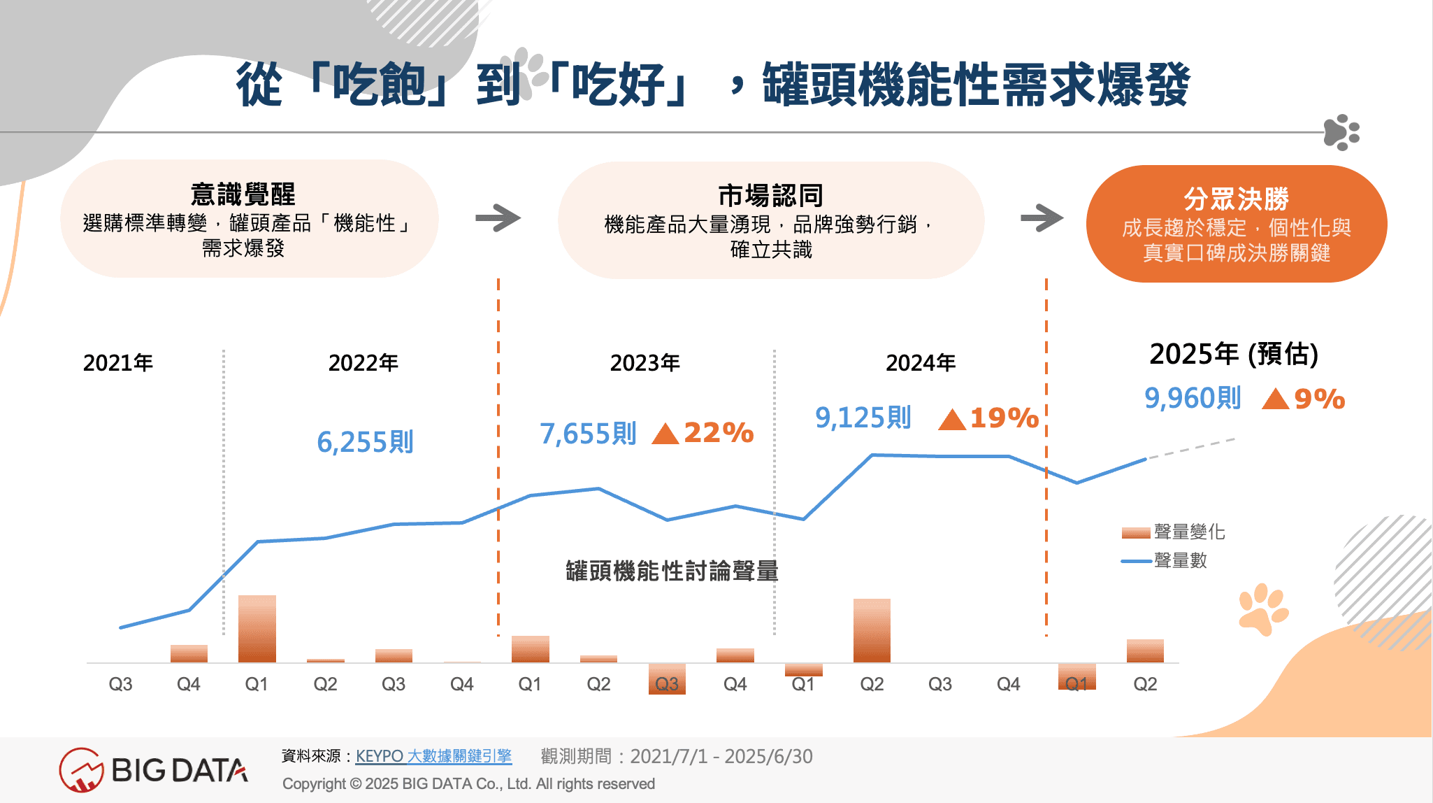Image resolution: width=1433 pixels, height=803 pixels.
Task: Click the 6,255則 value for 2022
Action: pyautogui.click(x=365, y=442)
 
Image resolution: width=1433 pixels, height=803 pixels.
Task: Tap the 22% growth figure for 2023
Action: pyautogui.click(x=719, y=433)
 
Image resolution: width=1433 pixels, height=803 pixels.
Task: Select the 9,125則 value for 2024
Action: pyautogui.click(x=863, y=418)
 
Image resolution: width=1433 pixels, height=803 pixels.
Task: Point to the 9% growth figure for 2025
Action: pyautogui.click(x=1319, y=399)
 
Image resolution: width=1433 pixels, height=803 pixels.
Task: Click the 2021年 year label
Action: pyautogui.click(x=118, y=363)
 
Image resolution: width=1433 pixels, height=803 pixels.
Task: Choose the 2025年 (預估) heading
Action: pyautogui.click(x=1234, y=354)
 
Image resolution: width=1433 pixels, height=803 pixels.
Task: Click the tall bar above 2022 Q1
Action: pyautogui.click(x=257, y=628)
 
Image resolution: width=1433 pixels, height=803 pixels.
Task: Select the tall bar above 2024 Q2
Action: pyautogui.click(x=872, y=630)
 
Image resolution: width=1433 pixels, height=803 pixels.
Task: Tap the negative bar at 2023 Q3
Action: pyautogui.click(x=667, y=678)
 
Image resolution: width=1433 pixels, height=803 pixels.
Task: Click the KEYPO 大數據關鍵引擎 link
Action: pyautogui.click(x=433, y=756)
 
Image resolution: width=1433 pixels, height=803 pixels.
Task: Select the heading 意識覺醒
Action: pyautogui.click(x=243, y=194)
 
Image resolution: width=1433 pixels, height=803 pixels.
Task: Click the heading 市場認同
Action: pyautogui.click(x=770, y=195)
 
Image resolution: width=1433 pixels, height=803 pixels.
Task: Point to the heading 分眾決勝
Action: pyautogui.click(x=1236, y=199)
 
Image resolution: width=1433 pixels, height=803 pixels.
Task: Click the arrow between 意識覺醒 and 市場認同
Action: pyautogui.click(x=498, y=218)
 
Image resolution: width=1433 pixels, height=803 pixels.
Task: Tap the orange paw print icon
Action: pyautogui.click(x=1263, y=609)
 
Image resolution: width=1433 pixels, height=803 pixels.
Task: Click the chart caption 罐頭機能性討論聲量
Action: pyautogui.click(x=672, y=571)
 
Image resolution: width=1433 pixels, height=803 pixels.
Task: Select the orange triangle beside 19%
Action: pyautogui.click(x=951, y=420)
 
